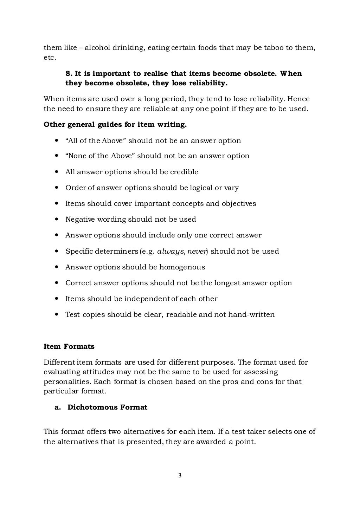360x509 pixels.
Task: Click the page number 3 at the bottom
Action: pyautogui.click(x=180, y=476)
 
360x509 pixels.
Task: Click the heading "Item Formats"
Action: pyautogui.click(x=69, y=346)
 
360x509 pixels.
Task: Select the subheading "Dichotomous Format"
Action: pyautogui.click(x=107, y=407)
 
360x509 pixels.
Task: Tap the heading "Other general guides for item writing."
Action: pyautogui.click(x=115, y=125)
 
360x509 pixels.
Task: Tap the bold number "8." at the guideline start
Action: pyautogui.click(x=69, y=73)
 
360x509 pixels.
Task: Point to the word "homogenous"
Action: pyautogui.click(x=182, y=267)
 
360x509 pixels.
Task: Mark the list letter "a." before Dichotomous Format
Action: pyautogui.click(x=58, y=407)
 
